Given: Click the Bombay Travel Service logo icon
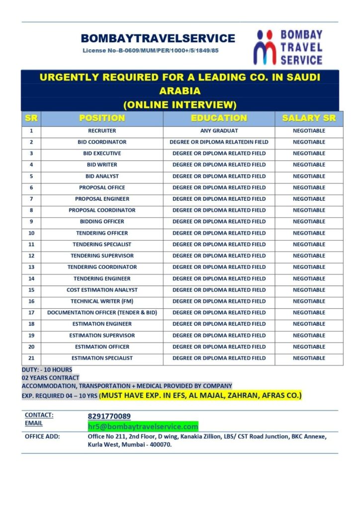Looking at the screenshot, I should point(265,47).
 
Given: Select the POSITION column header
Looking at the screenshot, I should point(102,118).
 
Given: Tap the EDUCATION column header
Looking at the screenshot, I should point(219,118).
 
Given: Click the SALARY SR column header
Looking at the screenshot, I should point(309,118).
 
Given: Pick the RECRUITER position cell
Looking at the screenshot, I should point(102,131).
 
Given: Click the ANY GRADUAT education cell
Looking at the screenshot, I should point(219,131).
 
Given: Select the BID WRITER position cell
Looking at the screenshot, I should point(102,165).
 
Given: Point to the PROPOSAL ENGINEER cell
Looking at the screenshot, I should point(102,199).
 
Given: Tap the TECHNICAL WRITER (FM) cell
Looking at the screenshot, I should point(102,301).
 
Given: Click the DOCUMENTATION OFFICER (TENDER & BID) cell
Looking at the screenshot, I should point(102,313).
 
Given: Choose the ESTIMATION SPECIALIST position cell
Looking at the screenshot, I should point(102,358).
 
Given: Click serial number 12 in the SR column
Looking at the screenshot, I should point(31,255).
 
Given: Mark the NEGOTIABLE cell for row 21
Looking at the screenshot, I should point(309,358).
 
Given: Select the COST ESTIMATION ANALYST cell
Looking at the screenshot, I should point(102,290).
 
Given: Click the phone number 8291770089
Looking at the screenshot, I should point(109,416).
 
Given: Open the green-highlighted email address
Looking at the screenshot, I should point(143,426).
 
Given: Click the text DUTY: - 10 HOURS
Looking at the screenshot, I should point(47,370).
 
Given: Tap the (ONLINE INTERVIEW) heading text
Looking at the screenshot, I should point(180,104).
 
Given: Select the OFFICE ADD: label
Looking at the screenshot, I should point(42,436).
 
